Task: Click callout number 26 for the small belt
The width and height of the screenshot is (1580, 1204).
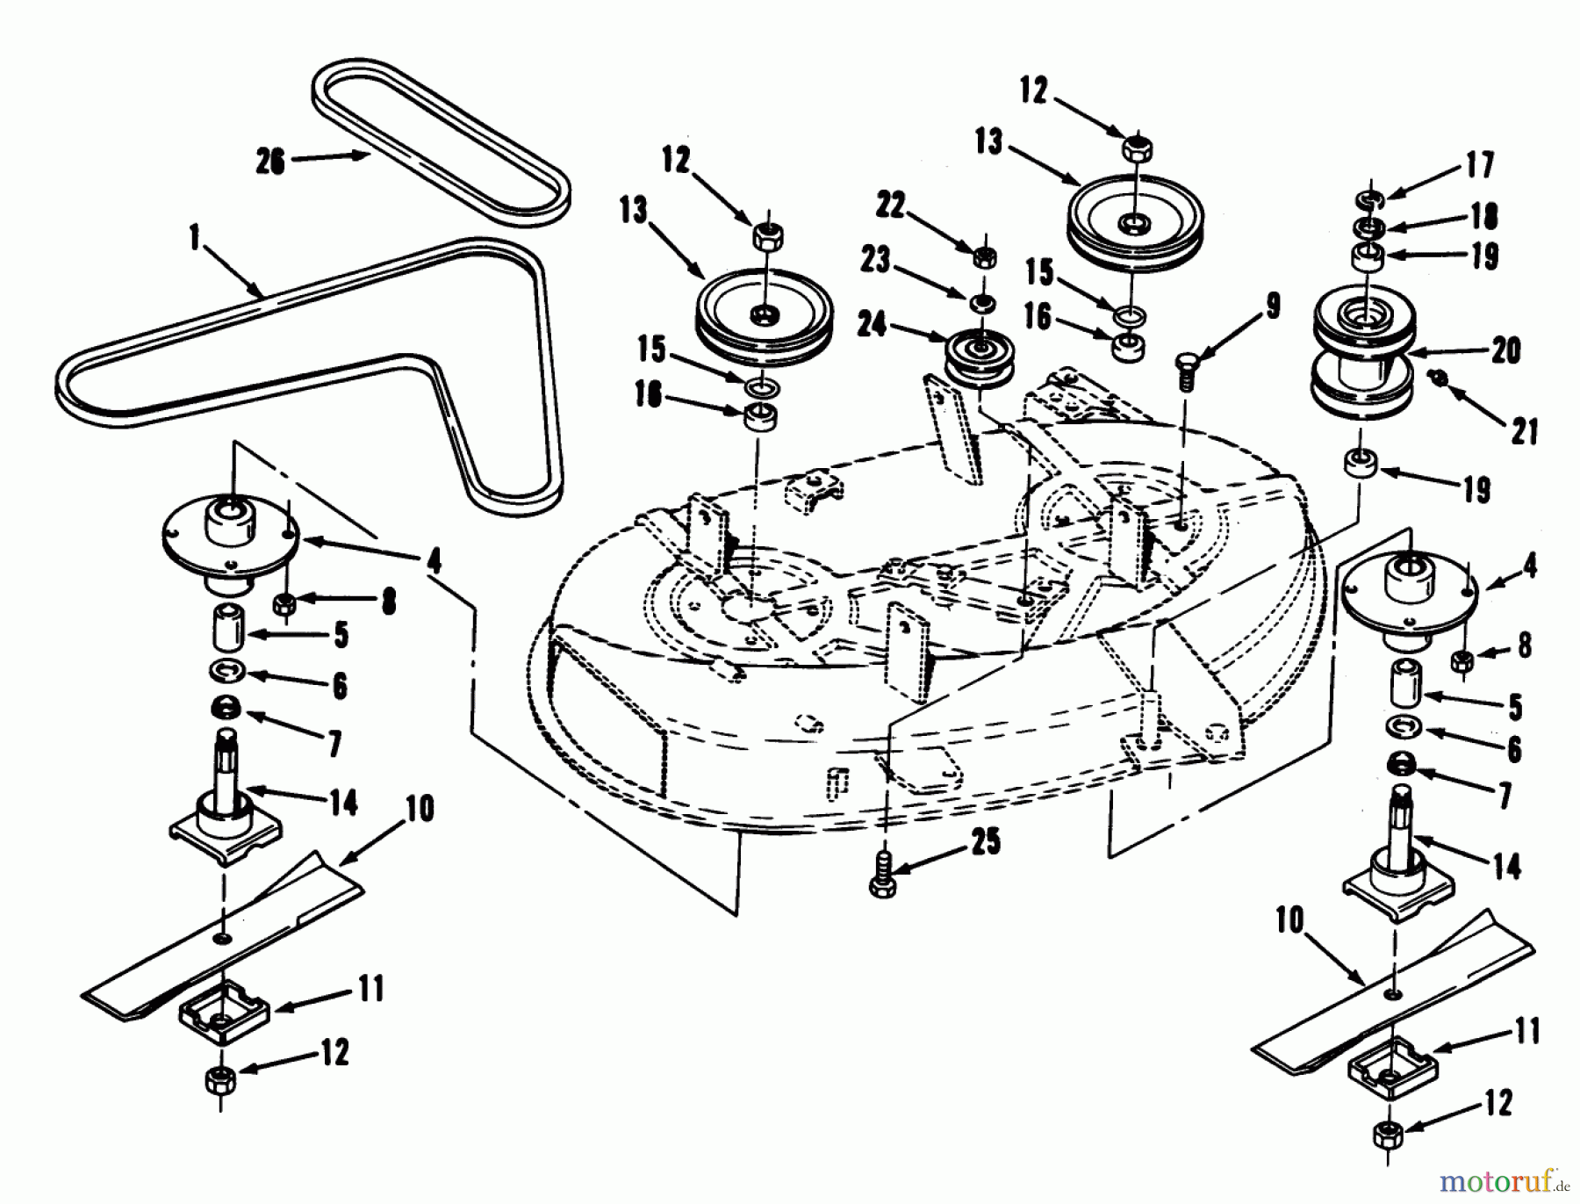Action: coord(270,162)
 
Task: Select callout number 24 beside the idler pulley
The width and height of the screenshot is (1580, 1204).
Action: coord(873,326)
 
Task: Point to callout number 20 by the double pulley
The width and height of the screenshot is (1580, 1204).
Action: coord(1506,350)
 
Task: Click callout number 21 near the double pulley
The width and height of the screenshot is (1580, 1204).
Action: coord(1524,431)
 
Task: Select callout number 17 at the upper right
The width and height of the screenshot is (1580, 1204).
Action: coord(1480,166)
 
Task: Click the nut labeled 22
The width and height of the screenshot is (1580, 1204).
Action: coord(985,256)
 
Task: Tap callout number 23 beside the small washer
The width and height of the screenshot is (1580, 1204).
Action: coord(875,260)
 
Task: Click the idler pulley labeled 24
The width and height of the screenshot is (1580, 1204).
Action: coord(977,355)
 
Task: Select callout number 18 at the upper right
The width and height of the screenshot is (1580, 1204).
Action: coord(1483,216)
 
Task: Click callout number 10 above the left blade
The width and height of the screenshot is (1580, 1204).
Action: coord(420,808)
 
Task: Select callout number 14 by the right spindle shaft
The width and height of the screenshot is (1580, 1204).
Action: coord(1506,867)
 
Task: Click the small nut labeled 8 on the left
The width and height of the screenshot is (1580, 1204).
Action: coord(284,604)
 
